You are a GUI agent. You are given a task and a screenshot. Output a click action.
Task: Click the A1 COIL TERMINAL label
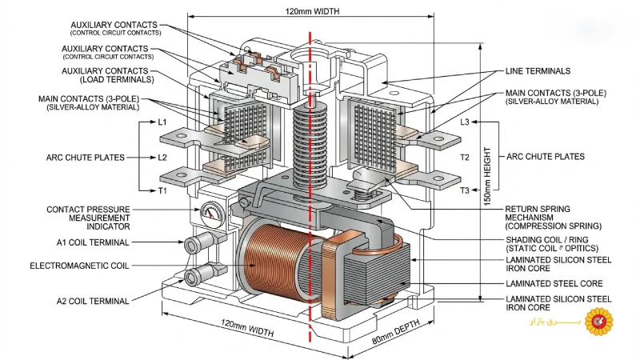[93, 242]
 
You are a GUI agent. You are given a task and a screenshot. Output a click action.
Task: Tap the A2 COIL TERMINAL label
[93, 302]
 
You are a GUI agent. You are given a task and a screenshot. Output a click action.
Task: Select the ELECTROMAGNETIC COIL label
[79, 266]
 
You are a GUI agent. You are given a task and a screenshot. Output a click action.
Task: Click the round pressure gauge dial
[211, 214]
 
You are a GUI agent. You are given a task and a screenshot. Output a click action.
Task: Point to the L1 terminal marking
[162, 122]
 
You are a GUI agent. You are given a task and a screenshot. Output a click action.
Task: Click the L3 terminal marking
[465, 122]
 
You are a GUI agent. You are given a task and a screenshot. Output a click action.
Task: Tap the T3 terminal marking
[465, 190]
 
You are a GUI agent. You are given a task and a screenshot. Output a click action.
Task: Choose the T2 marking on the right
[465, 157]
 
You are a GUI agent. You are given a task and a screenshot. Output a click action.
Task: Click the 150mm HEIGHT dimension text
[487, 176]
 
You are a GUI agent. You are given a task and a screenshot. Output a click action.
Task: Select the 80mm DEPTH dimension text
[396, 331]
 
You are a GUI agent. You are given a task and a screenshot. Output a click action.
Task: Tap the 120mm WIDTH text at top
[312, 11]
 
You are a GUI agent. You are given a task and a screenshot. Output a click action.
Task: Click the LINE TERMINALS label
[538, 71]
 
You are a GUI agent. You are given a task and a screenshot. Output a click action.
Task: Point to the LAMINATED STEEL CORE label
[554, 283]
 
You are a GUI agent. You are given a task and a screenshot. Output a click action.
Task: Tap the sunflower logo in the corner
[598, 322]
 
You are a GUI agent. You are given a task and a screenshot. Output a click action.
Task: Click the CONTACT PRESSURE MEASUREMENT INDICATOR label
[88, 218]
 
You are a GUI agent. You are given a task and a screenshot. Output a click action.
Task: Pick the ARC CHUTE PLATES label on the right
[546, 157]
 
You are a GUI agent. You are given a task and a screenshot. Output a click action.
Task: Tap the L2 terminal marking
[162, 157]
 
